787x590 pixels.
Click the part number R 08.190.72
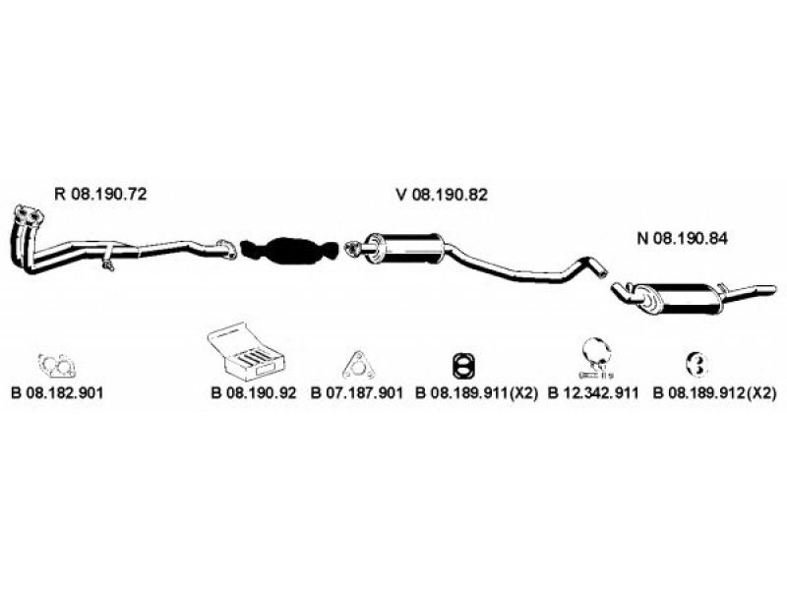point(100,195)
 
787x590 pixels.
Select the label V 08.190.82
point(442,195)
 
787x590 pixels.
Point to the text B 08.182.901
point(58,392)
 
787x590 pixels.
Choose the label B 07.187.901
point(358,392)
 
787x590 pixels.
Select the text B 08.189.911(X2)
point(476,392)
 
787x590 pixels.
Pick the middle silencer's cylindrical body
point(403,248)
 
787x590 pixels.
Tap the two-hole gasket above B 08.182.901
point(56,366)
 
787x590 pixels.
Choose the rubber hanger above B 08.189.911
point(460,365)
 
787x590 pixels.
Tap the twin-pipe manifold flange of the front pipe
point(30,217)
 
